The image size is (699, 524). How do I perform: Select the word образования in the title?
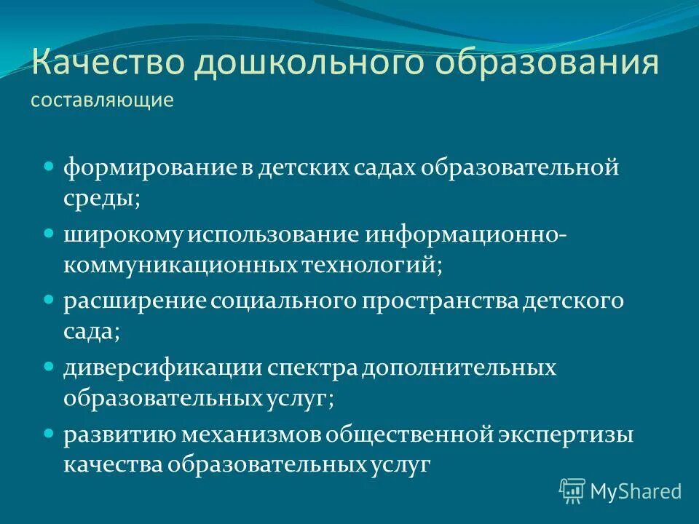click(547, 64)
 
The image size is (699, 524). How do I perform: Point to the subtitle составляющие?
click(102, 100)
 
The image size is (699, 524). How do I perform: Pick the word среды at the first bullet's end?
click(101, 199)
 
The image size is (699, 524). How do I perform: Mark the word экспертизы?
click(566, 434)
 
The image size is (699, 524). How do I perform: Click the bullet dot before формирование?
click(50, 166)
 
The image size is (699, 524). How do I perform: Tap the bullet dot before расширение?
click(50, 299)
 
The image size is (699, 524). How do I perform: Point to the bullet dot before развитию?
click(50, 432)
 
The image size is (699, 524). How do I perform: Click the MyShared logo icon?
click(572, 491)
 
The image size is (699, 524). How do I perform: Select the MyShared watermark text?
click(636, 491)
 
